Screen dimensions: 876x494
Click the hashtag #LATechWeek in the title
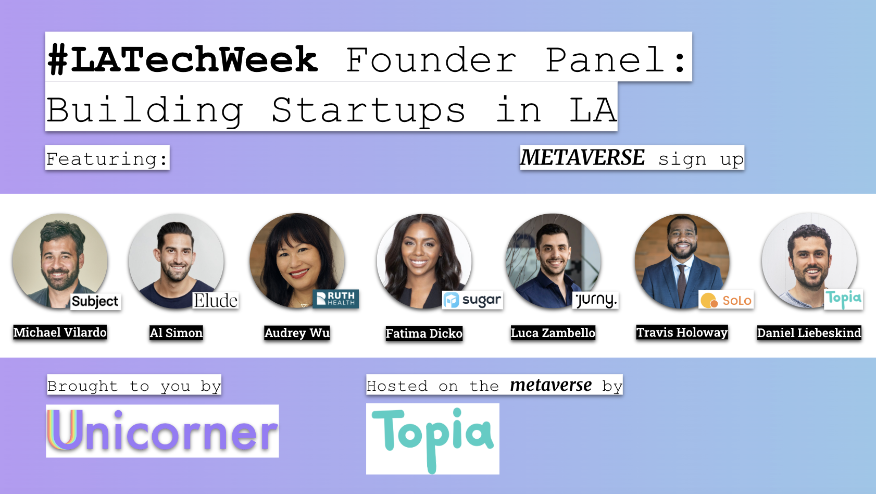point(182,59)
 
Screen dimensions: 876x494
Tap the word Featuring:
point(107,158)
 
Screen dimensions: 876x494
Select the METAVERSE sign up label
point(632,158)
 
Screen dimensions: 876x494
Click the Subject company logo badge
point(95,301)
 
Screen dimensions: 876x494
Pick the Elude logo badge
point(216,301)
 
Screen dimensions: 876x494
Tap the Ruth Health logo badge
point(335,299)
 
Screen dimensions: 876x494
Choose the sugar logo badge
point(472,300)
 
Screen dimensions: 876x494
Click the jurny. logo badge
point(595,300)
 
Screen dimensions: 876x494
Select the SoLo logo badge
point(726,300)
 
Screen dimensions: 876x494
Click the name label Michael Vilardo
point(60,332)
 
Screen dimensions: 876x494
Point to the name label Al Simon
point(176,333)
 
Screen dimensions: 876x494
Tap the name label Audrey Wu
point(297,333)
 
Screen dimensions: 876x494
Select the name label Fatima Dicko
point(424,334)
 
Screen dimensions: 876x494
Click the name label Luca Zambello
point(553,333)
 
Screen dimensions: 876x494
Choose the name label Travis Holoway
point(682,332)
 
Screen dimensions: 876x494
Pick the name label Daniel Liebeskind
point(809,333)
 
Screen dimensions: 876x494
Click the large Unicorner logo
point(162,431)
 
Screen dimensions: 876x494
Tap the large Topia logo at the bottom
point(432,439)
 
